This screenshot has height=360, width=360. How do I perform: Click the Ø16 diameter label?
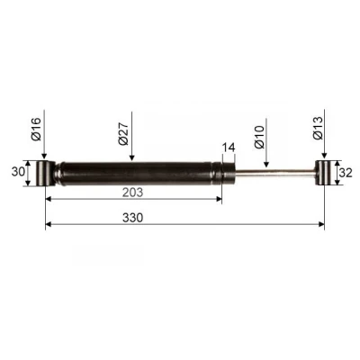click(35, 130)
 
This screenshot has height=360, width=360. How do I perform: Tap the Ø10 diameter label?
click(259, 137)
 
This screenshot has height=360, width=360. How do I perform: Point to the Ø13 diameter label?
click(318, 128)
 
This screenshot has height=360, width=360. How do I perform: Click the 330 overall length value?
click(132, 218)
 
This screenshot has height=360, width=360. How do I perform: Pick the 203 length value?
click(132, 193)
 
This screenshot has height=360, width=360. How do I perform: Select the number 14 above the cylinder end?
click(229, 148)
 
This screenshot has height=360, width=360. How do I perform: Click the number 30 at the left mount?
click(18, 172)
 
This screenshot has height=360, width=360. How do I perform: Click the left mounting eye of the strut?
click(45, 174)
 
